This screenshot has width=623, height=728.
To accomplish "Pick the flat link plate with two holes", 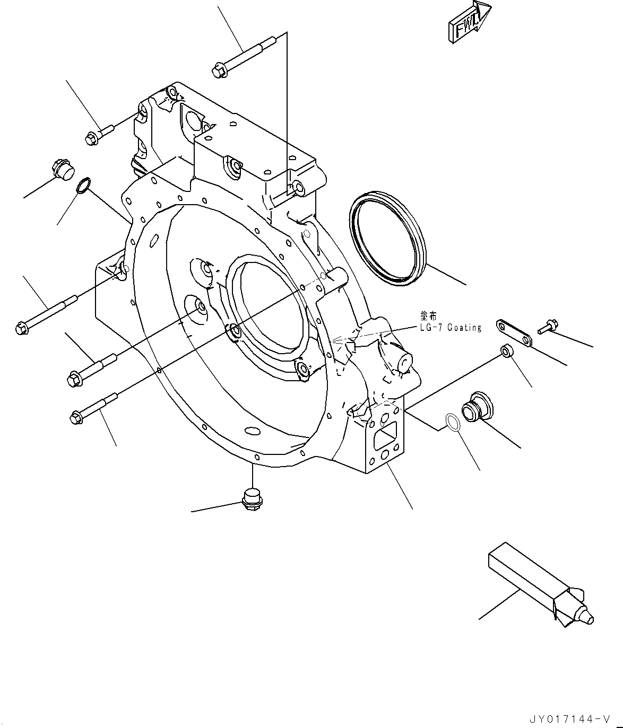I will coord(514,334).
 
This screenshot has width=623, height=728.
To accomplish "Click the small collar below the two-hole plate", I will coord(507,350).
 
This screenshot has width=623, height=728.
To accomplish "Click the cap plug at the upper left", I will coord(62,170).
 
